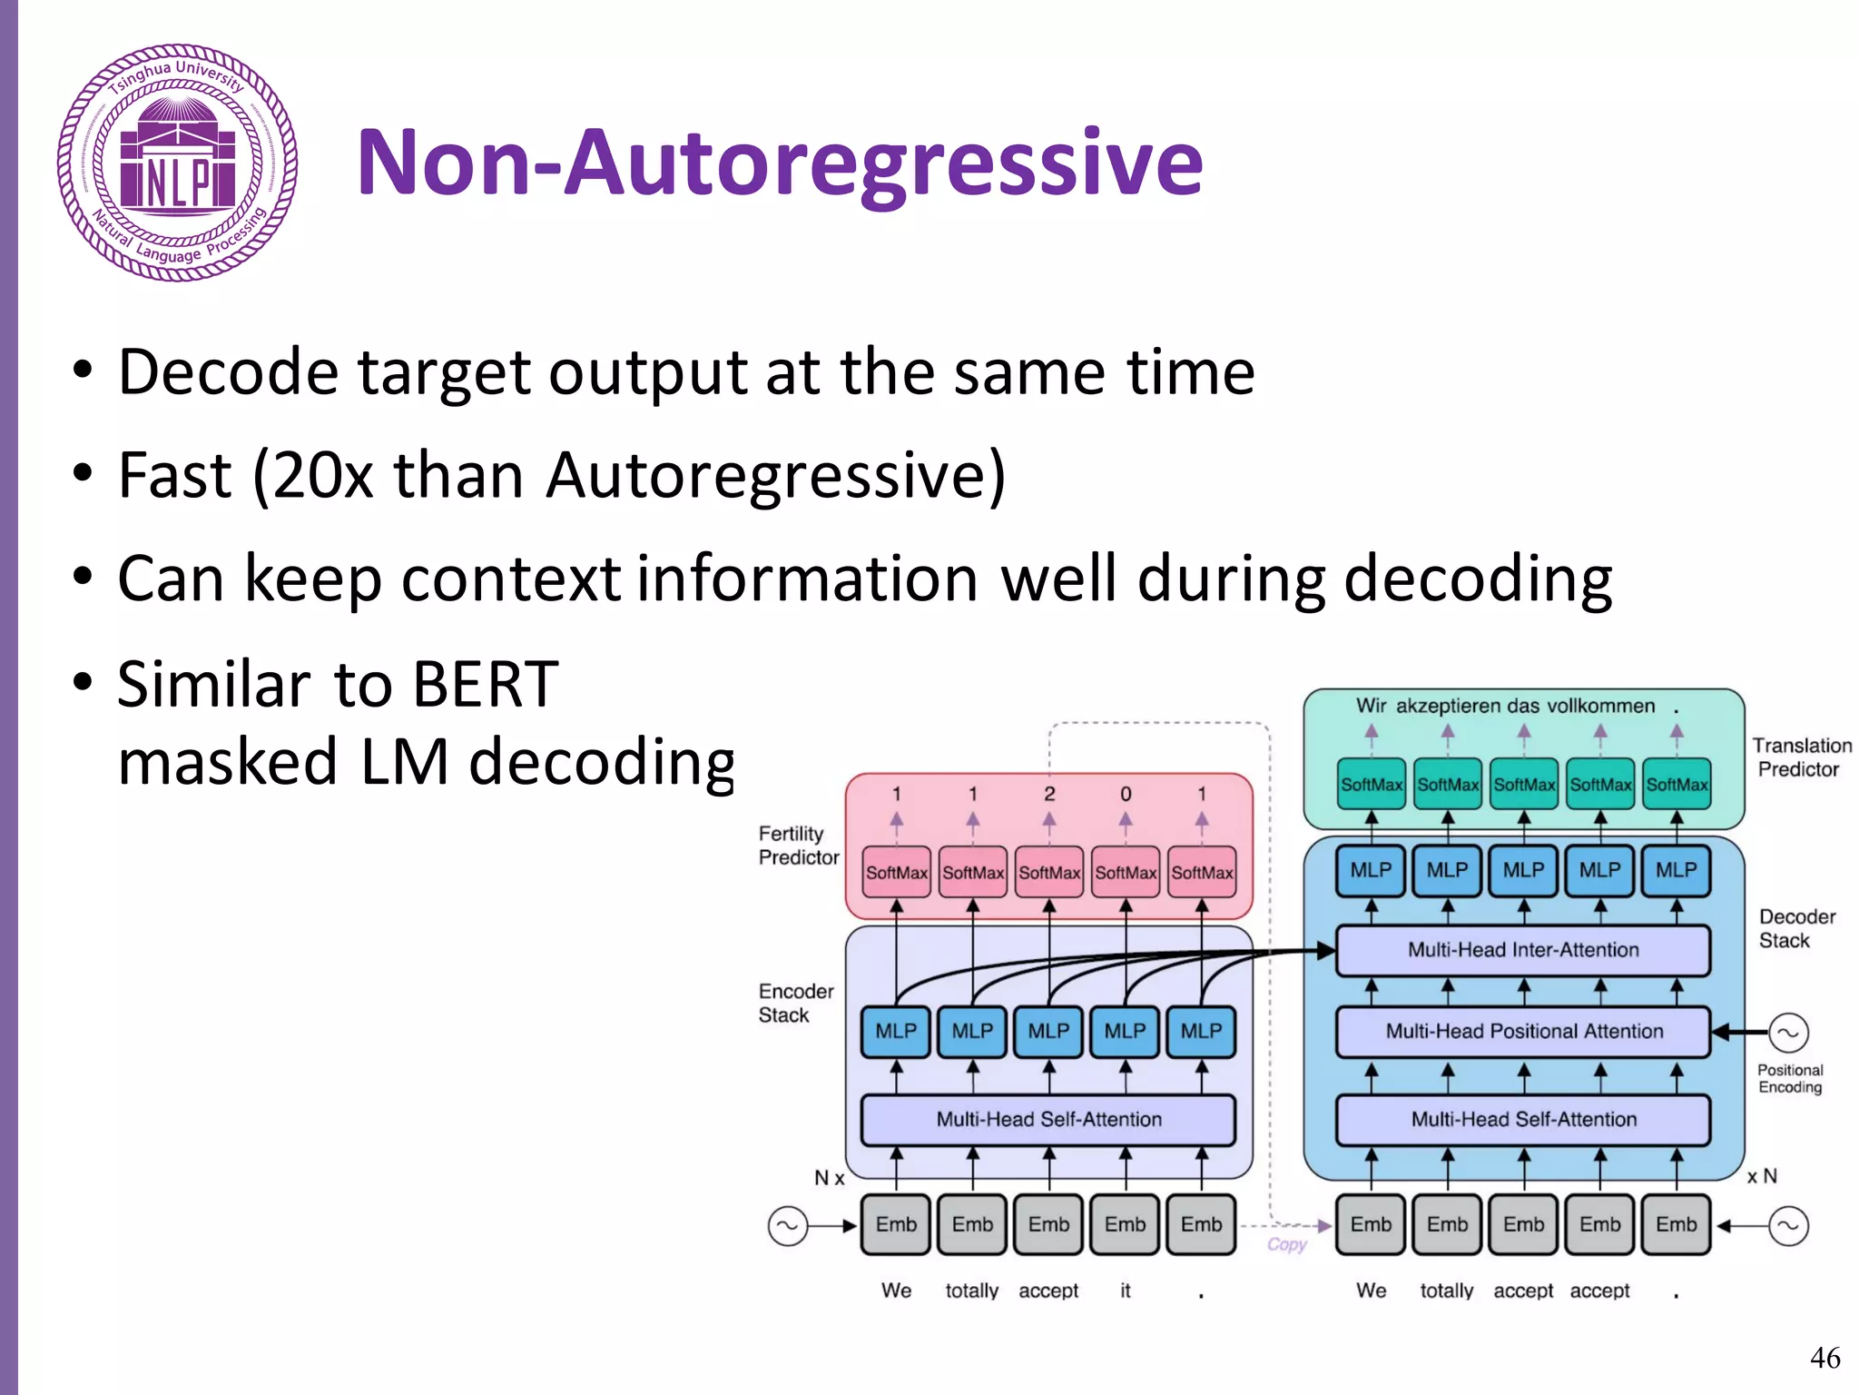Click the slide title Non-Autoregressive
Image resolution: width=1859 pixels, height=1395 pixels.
pos(779,163)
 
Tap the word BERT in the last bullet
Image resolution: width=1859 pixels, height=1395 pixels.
pos(485,684)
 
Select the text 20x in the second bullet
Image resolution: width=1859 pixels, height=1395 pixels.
pos(322,475)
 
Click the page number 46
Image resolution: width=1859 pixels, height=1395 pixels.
pos(1825,1358)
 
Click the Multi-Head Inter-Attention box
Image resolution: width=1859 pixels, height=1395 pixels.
pos(1523,950)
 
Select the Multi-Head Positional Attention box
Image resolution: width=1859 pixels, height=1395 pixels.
pos(1523,1032)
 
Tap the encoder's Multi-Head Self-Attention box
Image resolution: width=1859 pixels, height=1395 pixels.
pos(1048,1120)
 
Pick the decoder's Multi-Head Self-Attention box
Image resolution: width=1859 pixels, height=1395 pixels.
pos(1523,1120)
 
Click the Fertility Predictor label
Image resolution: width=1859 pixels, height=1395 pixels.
pos(798,846)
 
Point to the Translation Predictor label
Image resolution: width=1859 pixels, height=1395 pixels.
pos(1801,757)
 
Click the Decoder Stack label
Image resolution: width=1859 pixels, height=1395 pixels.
pos(1795,928)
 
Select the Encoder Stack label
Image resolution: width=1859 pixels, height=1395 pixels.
pos(795,1003)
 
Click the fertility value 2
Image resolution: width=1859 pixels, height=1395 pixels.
pos(1049,794)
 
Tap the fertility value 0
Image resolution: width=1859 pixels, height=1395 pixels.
pos(1126,794)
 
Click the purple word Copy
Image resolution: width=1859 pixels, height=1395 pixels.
pos(1286,1244)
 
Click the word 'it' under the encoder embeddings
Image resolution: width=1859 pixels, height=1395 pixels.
pos(1126,1291)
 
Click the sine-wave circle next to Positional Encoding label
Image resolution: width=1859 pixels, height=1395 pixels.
pos(1788,1033)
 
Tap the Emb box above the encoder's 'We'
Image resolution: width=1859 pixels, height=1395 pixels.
pos(896,1224)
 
